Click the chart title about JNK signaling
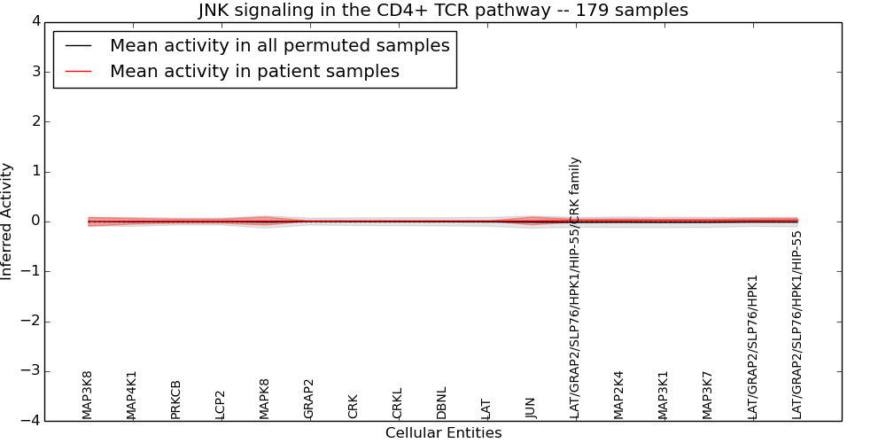pyautogui.click(x=442, y=10)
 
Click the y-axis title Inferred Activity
pyautogui.click(x=7, y=221)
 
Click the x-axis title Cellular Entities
pyautogui.click(x=443, y=433)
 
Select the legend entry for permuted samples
pyautogui.click(x=279, y=46)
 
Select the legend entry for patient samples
pyautogui.click(x=254, y=72)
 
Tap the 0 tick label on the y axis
pyautogui.click(x=35, y=221)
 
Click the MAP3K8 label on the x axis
pyautogui.click(x=88, y=394)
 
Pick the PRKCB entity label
pyautogui.click(x=176, y=399)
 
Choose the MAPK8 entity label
pyautogui.click(x=265, y=398)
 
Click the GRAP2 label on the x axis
pyautogui.click(x=309, y=398)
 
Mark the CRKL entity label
pyautogui.click(x=398, y=402)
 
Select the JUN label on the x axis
pyautogui.click(x=531, y=407)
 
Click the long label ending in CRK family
pyautogui.click(x=575, y=288)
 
